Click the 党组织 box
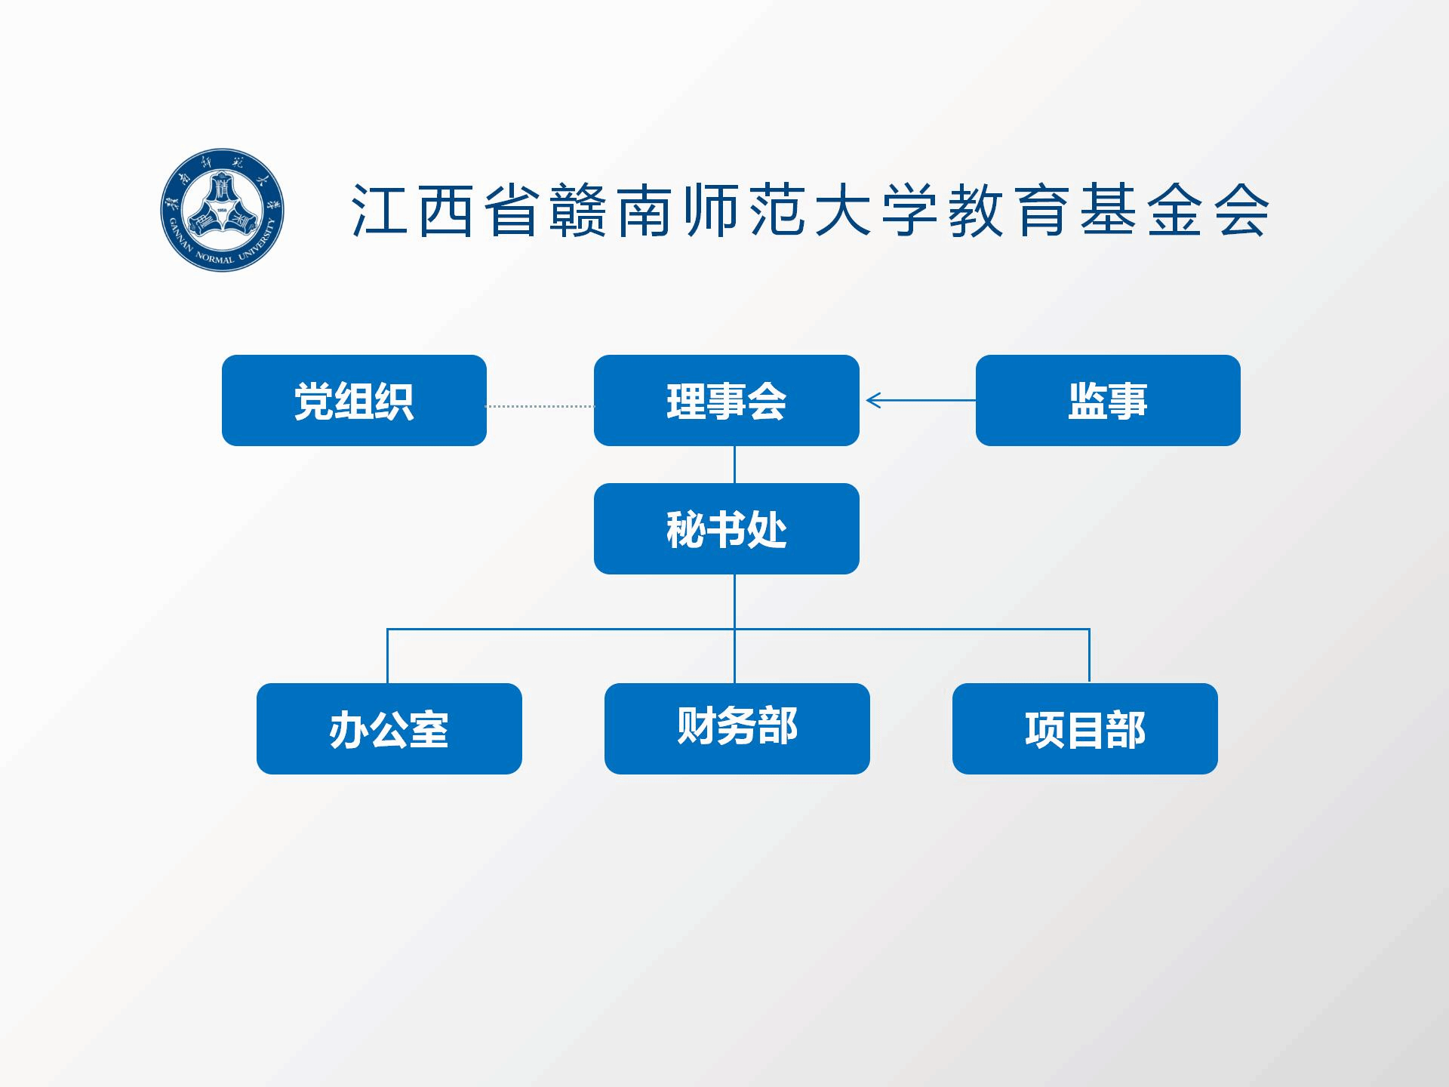click(x=354, y=400)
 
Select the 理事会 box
click(x=726, y=400)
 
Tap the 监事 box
click(x=1107, y=400)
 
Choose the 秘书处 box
click(x=726, y=528)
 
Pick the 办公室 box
click(x=389, y=728)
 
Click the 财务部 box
click(x=737, y=728)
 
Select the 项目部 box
click(x=1084, y=728)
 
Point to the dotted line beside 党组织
click(x=540, y=406)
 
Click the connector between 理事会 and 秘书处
click(x=734, y=464)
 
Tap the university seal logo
click(x=222, y=210)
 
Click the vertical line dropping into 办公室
click(x=387, y=655)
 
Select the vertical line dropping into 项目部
click(x=1089, y=655)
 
